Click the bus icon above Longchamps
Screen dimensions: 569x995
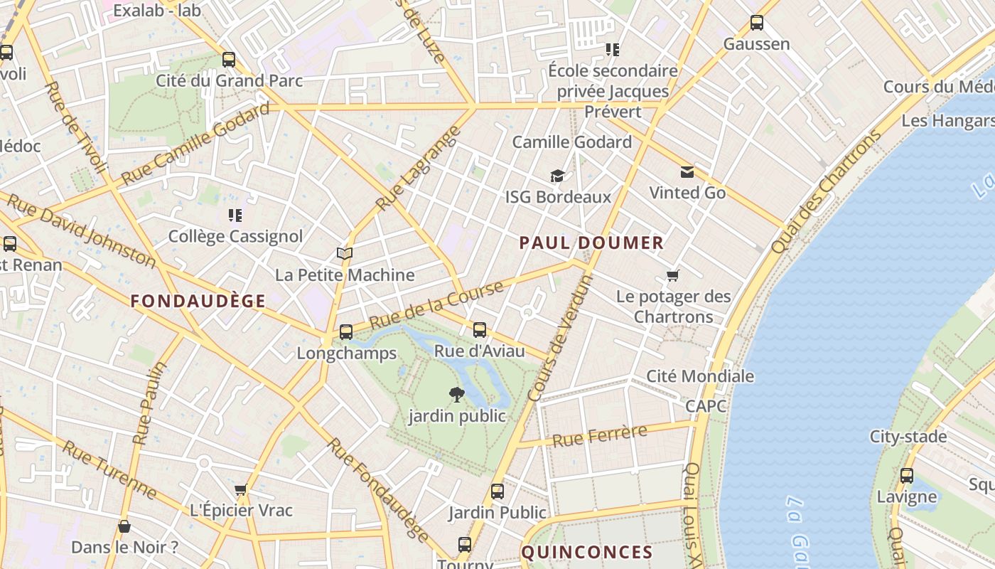click(x=346, y=331)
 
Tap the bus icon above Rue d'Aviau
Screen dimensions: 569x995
click(x=480, y=329)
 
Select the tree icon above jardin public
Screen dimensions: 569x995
click(x=456, y=394)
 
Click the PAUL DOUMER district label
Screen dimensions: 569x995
click(x=591, y=243)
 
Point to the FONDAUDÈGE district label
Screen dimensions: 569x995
click(x=198, y=301)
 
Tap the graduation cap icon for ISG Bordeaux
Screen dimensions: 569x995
click(x=557, y=176)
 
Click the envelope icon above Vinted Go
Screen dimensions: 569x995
click(x=687, y=171)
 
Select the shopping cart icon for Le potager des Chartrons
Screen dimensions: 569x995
click(x=672, y=275)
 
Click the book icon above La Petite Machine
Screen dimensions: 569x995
click(x=345, y=253)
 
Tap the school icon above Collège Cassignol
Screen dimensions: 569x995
click(x=235, y=215)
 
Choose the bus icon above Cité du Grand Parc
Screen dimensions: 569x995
click(x=229, y=59)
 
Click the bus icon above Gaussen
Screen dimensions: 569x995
click(x=757, y=23)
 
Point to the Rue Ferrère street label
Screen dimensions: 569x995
click(x=600, y=435)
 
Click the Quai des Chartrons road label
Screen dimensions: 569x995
click(x=825, y=192)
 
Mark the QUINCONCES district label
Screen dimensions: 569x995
click(x=587, y=552)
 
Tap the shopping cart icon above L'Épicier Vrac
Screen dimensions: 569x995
click(x=240, y=489)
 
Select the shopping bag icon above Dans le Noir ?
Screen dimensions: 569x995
click(x=124, y=526)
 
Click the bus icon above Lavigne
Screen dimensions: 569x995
click(x=907, y=476)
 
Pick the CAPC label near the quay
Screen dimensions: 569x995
click(x=706, y=406)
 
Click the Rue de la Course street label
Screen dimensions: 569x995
click(x=436, y=304)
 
